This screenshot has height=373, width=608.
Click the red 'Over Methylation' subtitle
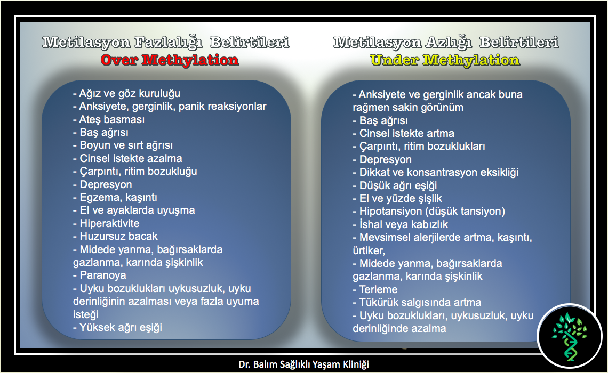pyautogui.click(x=170, y=60)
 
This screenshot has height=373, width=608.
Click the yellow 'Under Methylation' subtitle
pyautogui.click(x=445, y=60)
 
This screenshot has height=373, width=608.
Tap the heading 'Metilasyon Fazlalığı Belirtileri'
pyautogui.click(x=165, y=42)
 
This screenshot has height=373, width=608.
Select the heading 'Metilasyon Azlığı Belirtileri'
pyautogui.click(x=446, y=42)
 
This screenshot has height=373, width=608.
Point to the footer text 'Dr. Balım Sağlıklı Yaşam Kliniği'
pyautogui.click(x=303, y=364)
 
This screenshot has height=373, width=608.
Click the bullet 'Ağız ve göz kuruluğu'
pyautogui.click(x=126, y=93)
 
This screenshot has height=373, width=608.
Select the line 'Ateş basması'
pyautogui.click(x=109, y=119)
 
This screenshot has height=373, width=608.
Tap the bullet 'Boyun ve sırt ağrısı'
pyautogui.click(x=123, y=145)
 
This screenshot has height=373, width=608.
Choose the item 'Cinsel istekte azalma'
pyautogui.click(x=127, y=158)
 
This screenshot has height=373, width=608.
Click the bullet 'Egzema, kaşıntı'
pyautogui.click(x=115, y=198)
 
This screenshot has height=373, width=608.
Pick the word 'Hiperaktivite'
pyautogui.click(x=109, y=223)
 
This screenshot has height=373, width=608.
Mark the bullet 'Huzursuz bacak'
pyautogui.click(x=115, y=236)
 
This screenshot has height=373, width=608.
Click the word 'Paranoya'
pyautogui.click(x=103, y=275)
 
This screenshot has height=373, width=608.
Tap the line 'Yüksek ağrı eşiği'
pyautogui.click(x=117, y=327)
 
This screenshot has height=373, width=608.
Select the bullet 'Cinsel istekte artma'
pyautogui.click(x=403, y=134)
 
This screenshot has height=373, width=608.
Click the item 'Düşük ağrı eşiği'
pyautogui.click(x=395, y=185)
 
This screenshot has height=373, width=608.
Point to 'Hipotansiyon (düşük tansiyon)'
pyautogui.click(x=429, y=212)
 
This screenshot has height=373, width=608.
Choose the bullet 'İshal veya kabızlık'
pyautogui.click(x=400, y=225)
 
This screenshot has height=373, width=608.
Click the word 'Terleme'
pyautogui.click(x=379, y=290)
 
